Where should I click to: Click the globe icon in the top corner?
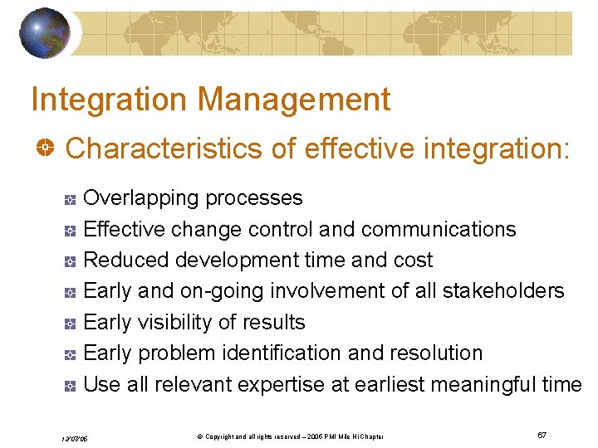pos(46,33)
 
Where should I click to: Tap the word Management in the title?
pos(295,100)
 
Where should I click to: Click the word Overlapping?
pos(142,198)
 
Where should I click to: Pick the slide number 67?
pos(542,436)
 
